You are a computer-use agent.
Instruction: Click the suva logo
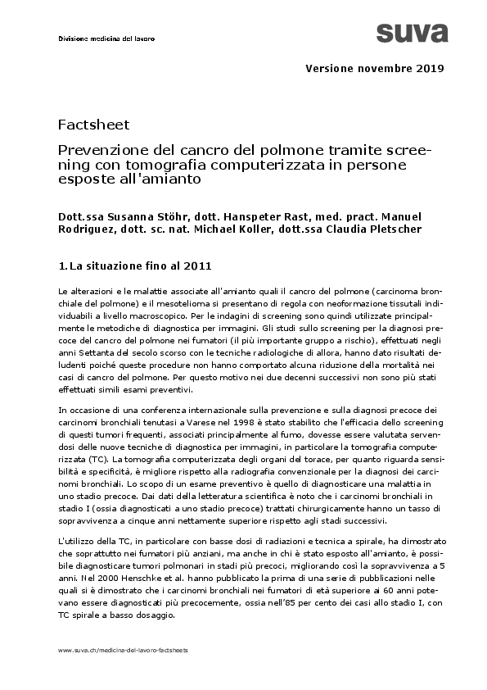(x=412, y=33)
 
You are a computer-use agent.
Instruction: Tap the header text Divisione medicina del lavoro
(x=106, y=39)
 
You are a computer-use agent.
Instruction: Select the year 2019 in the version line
(x=430, y=68)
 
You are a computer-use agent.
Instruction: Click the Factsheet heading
(x=93, y=125)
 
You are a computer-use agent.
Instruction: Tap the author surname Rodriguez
(x=88, y=229)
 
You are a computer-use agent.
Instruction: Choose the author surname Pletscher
(x=372, y=229)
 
